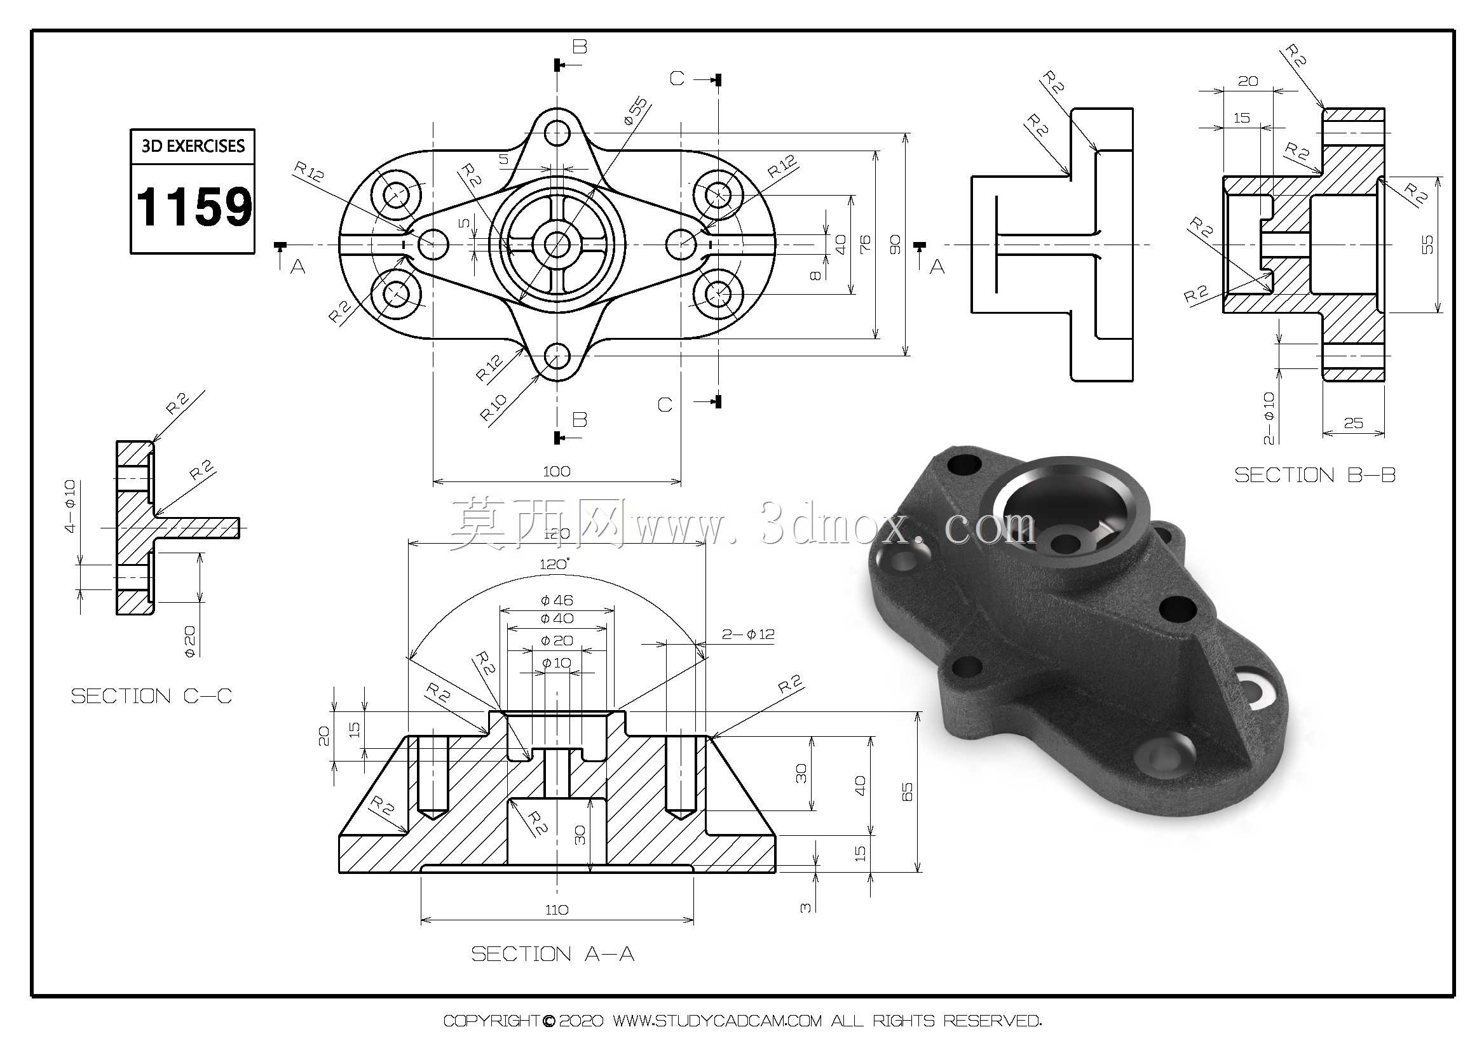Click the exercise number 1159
pos(193,207)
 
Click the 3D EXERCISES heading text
pos(193,146)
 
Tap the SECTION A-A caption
pos(553,953)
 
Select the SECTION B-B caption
pos(1315,475)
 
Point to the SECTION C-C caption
pos(151,696)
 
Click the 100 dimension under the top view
pos(557,471)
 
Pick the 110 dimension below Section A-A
pos(557,910)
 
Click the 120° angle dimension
pos(555,564)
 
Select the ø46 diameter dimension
pos(557,600)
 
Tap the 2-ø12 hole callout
pos(748,634)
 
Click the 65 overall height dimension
pos(907,792)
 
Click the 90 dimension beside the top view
pos(895,245)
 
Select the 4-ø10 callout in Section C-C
pos(70,506)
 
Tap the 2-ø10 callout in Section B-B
pos(1269,417)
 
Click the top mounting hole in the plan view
pos(557,134)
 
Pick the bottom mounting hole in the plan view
pos(557,355)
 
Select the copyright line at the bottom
pos(742,1020)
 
